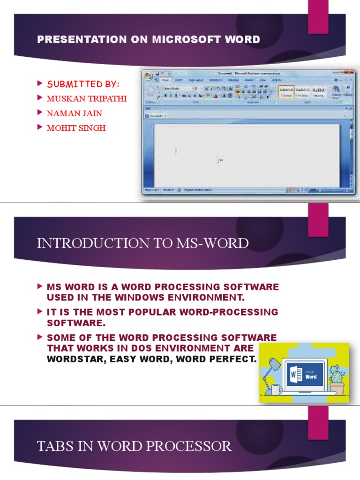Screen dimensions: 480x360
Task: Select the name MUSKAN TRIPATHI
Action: point(87,99)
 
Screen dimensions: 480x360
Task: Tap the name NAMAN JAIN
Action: point(74,113)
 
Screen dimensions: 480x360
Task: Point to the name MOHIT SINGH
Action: point(76,127)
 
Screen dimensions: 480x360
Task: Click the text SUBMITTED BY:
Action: point(83,84)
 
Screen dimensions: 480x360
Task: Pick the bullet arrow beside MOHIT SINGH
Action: point(39,127)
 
